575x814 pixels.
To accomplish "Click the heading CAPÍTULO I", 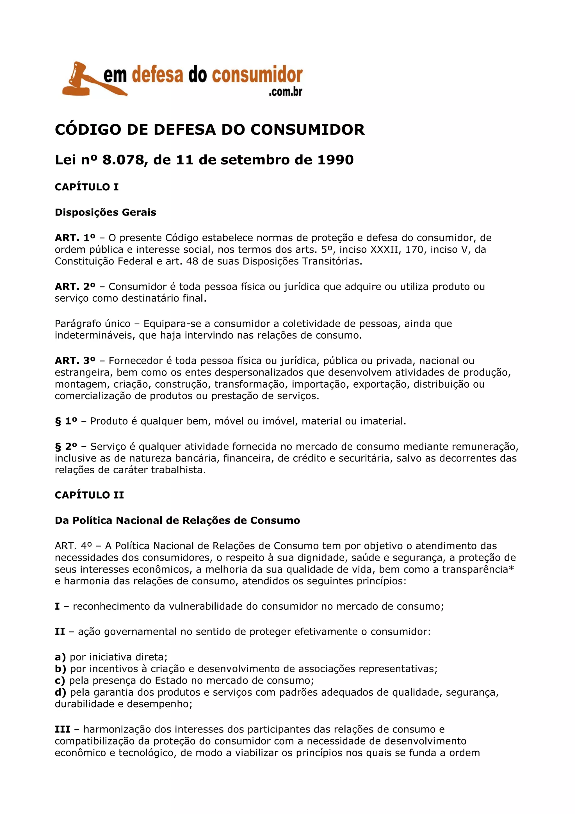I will (x=87, y=187).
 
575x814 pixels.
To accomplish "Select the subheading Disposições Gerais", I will (x=106, y=212).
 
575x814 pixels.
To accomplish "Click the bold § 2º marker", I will (x=66, y=446).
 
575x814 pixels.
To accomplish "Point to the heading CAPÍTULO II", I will (x=89, y=495).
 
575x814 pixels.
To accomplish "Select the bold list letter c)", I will (x=60, y=681).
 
